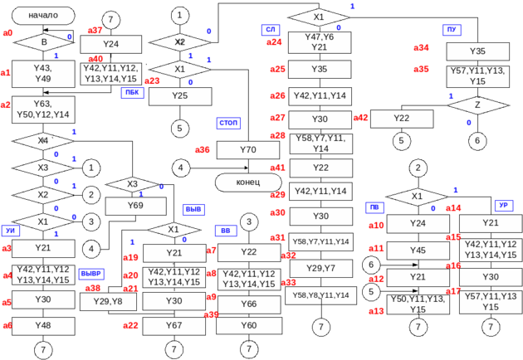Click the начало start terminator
pos(43,15)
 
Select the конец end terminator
pos(248,182)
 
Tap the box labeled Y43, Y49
pos(43,73)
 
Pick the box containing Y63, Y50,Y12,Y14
pos(43,109)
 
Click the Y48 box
pos(43,325)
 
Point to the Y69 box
pos(136,204)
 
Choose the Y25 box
pos(180,95)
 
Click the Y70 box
pos(248,150)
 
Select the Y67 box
pos(174,325)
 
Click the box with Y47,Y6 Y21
pos(320,42)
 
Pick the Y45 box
pos(418,250)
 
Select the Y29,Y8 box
pos(114,301)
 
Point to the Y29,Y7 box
pos(320,267)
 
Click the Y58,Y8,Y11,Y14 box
pos(320,295)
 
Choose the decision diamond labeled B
pos(43,41)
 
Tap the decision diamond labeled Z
pos(477,106)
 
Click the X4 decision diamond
pos(43,141)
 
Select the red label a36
pos(202,150)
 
